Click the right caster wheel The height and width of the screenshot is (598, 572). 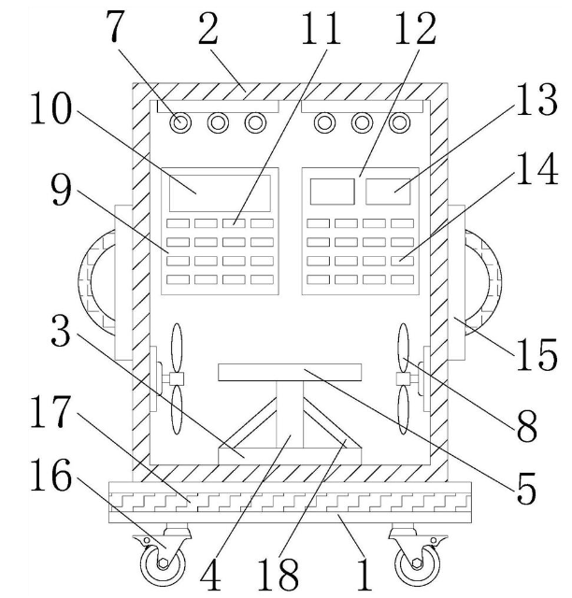coord(412,563)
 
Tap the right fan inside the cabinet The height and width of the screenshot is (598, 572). coord(404,378)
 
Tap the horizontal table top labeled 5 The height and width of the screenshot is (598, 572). coord(290,372)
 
